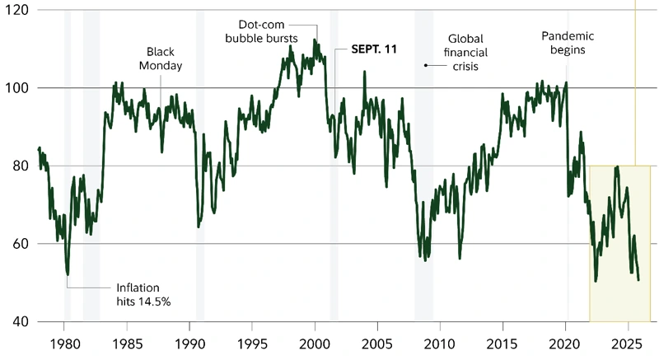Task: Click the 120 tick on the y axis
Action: click(x=16, y=10)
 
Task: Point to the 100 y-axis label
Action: click(x=16, y=87)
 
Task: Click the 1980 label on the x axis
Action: click(x=64, y=343)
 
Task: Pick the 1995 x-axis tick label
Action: click(x=252, y=343)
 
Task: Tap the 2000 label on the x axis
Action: click(x=315, y=343)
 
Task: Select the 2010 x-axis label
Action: click(x=441, y=343)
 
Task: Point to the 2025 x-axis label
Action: click(x=628, y=343)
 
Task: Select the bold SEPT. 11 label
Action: click(x=374, y=49)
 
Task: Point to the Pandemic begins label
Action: click(x=568, y=43)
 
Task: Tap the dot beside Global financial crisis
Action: click(x=426, y=64)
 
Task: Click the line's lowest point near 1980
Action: click(x=68, y=274)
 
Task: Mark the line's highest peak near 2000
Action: click(x=315, y=40)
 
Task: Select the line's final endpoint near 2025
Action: click(x=639, y=280)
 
